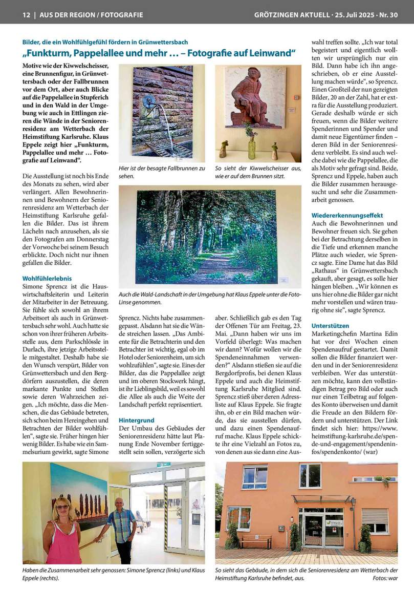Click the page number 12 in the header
pos(26,15)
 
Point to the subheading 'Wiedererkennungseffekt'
pos(347,215)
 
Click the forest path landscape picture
pos(210,237)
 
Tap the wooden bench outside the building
pos(255,541)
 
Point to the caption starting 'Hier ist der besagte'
pos(162,172)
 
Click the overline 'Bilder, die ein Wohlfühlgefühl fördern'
pos(105,41)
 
